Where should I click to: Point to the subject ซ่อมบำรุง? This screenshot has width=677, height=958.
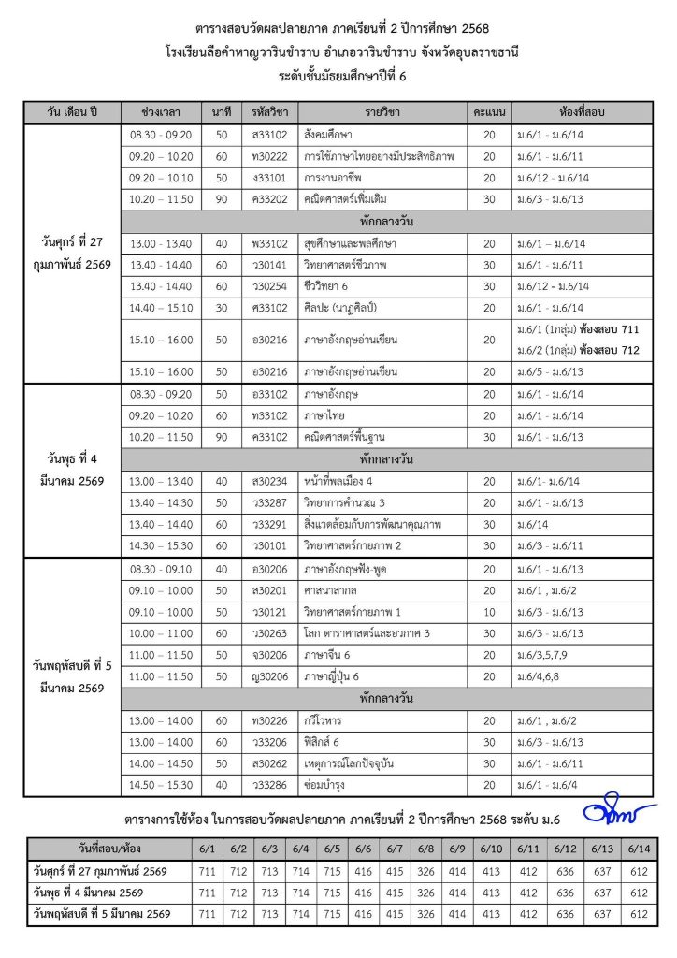326,785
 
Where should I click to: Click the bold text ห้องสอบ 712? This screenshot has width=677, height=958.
631,350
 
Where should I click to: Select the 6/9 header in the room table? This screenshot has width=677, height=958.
457,849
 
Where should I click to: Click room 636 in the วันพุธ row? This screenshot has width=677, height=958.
566,893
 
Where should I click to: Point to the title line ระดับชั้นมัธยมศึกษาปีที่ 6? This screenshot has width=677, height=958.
338,76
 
